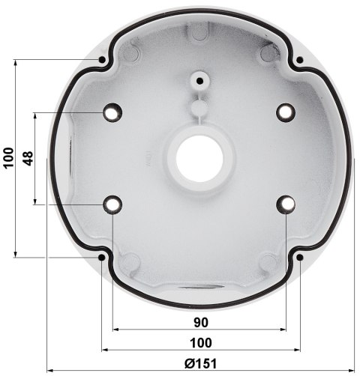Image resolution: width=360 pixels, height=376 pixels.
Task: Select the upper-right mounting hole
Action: click(x=284, y=112)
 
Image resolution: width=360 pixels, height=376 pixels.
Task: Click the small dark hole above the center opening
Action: click(x=199, y=79)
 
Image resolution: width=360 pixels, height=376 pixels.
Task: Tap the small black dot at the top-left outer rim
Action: click(x=100, y=59)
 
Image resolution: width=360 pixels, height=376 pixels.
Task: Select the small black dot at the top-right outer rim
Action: click(x=299, y=59)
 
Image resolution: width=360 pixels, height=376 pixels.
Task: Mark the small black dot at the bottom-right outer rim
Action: click(x=299, y=258)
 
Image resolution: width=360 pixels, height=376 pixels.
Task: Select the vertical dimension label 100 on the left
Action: click(x=8, y=158)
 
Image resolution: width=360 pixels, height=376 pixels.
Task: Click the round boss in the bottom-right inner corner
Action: click(x=267, y=261)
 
